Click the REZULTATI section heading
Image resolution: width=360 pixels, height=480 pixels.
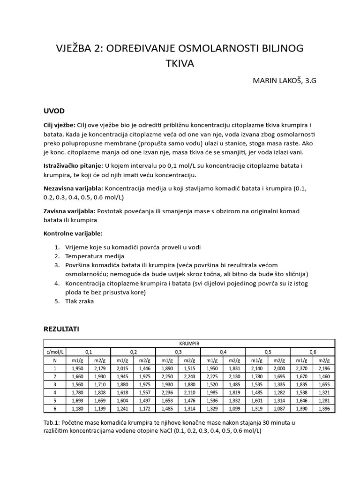tap(61, 329)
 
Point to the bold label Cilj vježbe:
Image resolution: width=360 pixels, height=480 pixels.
tap(59, 125)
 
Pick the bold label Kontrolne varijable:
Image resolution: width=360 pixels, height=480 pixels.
tap(73, 233)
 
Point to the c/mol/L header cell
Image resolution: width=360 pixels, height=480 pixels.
tap(54, 352)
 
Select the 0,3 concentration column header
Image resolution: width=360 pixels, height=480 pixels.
tap(178, 352)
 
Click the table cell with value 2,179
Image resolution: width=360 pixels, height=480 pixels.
tap(99, 368)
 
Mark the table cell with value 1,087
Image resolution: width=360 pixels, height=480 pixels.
tap(280, 409)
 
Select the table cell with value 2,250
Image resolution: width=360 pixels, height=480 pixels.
tap(167, 376)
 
